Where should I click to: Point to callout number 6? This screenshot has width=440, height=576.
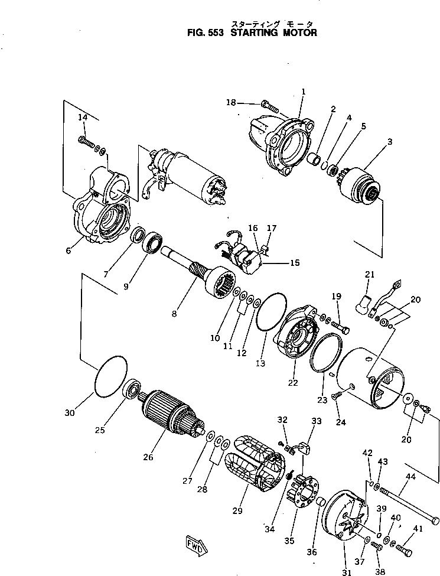point(69,250)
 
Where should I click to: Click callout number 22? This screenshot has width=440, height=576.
point(293,383)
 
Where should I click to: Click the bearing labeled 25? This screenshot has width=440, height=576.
point(132,389)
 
